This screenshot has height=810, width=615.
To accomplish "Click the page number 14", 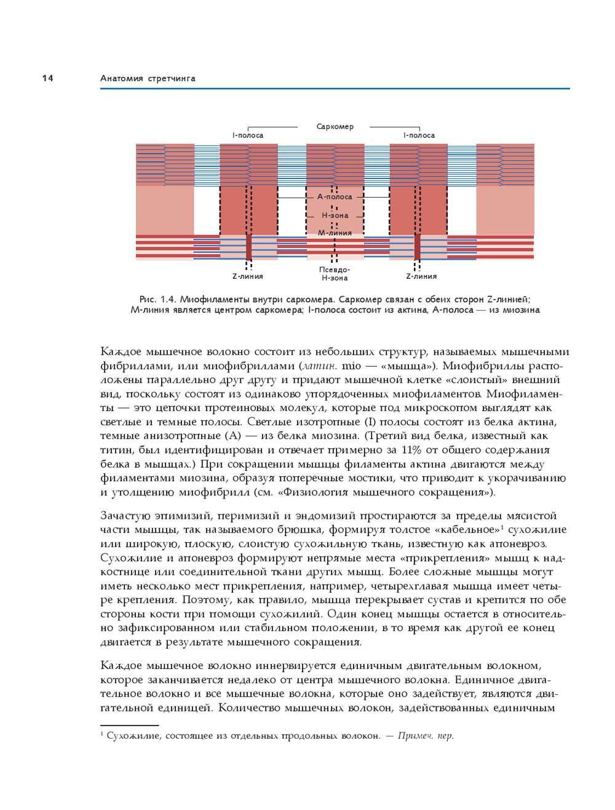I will (x=47, y=78).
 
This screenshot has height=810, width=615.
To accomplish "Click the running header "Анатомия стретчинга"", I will (x=148, y=78).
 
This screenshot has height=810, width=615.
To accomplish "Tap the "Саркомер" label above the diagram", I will (x=335, y=126).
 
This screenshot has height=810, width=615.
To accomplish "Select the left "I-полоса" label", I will (x=248, y=135).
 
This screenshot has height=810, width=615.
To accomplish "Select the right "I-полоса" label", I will (x=419, y=135).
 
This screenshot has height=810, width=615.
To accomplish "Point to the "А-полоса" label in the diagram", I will (x=335, y=197).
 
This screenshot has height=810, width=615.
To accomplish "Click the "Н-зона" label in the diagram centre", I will (x=335, y=215).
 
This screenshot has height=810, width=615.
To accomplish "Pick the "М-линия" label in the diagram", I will (x=335, y=233).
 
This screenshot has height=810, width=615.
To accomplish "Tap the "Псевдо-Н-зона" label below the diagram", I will (x=335, y=274).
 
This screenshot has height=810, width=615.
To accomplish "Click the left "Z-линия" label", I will (x=248, y=276).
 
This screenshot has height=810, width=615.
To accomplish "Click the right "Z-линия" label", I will (x=421, y=276).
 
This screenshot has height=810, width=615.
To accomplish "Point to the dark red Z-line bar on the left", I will (x=249, y=247).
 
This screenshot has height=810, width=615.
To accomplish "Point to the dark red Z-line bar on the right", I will (x=417, y=247).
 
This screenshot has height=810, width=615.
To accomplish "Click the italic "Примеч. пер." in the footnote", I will (x=426, y=736).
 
